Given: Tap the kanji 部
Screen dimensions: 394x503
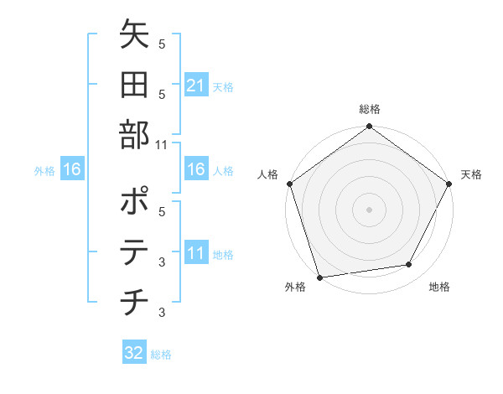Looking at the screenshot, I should point(134,135).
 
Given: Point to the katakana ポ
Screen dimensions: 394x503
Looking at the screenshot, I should point(134,201).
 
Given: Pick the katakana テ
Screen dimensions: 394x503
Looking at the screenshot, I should point(134,251).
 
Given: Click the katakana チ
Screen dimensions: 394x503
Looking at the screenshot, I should point(134,302).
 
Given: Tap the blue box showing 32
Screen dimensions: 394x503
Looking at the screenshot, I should point(134,353).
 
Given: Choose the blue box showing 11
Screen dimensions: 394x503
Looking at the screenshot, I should point(195,252).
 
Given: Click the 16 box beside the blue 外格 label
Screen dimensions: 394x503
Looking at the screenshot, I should point(72,170).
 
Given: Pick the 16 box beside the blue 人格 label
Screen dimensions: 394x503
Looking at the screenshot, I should point(195,169).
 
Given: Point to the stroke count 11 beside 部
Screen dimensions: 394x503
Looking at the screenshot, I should point(162,145).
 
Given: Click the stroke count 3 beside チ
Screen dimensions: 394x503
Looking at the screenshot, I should point(162,313).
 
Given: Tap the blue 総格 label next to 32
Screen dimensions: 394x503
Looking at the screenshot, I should point(161,355).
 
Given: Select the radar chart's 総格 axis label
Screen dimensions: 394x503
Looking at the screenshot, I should point(370,109).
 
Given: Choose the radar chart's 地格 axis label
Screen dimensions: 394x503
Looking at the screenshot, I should point(439,287).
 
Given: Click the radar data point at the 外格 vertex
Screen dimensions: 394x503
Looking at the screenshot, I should point(319,277).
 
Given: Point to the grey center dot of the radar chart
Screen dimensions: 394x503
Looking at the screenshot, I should point(369,209).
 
